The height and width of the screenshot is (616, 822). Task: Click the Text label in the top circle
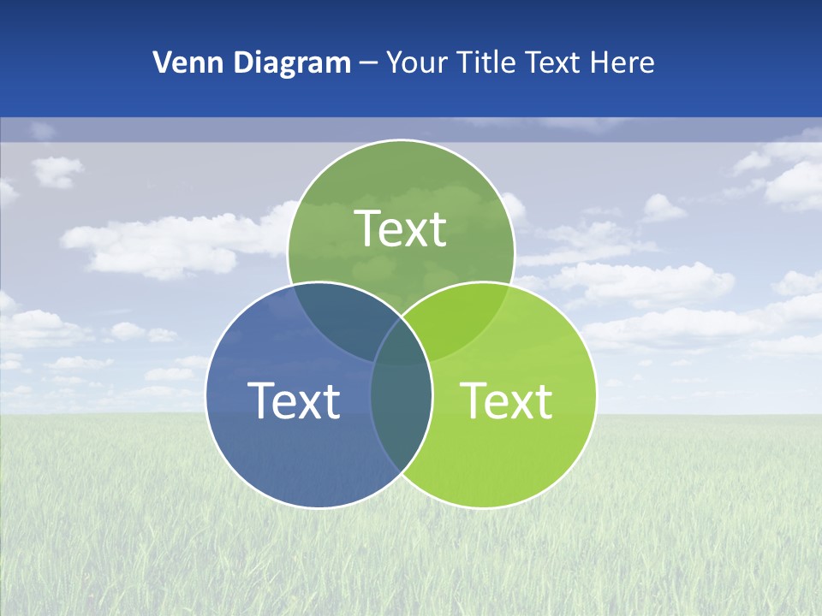pos(401,228)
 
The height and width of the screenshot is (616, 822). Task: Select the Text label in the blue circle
pos(294,400)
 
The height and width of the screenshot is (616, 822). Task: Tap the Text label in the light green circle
pos(507,400)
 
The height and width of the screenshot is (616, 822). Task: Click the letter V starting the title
pos(162,62)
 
